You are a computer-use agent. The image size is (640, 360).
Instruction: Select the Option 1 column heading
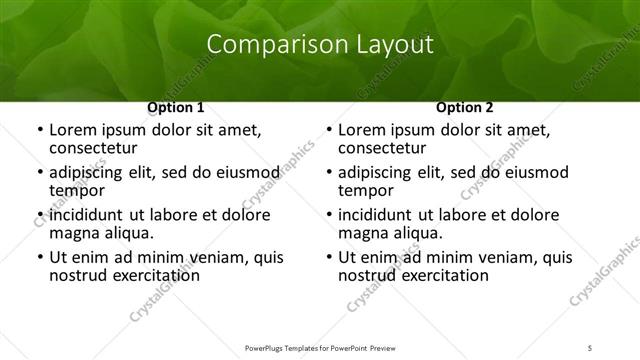pos(176,107)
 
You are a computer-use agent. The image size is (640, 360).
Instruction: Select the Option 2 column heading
pos(465,107)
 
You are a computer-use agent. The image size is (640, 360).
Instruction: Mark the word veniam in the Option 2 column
pos(479,256)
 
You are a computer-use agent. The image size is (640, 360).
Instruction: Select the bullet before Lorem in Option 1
pos(38,130)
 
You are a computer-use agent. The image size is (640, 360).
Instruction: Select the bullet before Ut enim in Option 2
pos(327,257)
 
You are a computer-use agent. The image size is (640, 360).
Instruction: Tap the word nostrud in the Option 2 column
pos(366,274)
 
